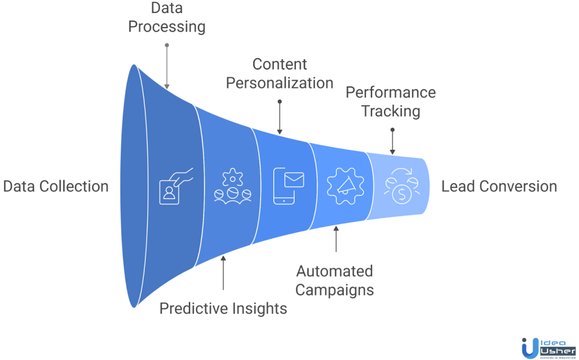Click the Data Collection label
(55, 186)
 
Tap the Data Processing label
(166, 17)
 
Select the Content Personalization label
(279, 73)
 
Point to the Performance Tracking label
(391, 102)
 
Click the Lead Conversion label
(499, 186)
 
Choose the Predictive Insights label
(223, 308)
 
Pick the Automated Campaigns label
(335, 280)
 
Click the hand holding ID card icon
(175, 184)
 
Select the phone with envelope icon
(288, 184)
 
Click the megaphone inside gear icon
(345, 185)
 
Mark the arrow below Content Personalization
(279, 117)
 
